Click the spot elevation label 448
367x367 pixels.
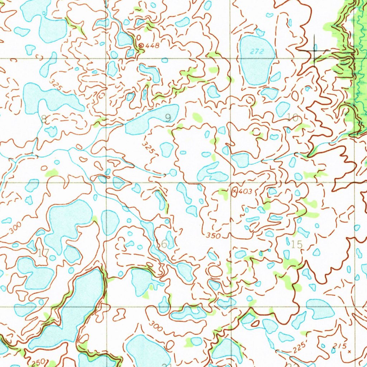click(x=152, y=46)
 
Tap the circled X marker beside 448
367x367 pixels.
click(x=141, y=46)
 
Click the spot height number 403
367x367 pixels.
click(x=246, y=192)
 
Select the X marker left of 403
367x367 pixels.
click(x=235, y=192)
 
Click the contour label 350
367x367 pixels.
click(x=214, y=235)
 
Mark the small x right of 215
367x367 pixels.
click(x=349, y=352)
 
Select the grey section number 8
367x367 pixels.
click(x=44, y=119)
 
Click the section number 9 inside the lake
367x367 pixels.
click(x=168, y=118)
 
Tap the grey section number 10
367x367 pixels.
click(x=293, y=117)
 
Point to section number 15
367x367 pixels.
click(x=297, y=244)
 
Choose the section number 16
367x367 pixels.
click(x=161, y=244)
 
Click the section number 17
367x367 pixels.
click(x=43, y=253)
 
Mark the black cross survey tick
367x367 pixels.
click(x=314, y=51)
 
